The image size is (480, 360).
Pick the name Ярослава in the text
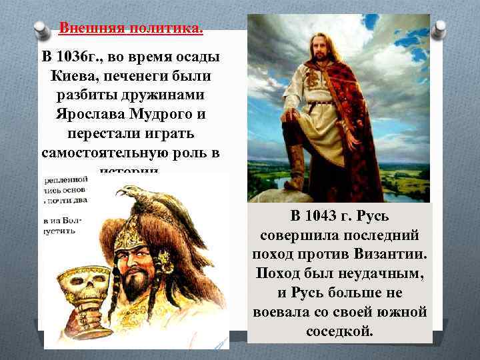(x=91, y=114)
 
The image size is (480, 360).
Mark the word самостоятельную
(x=107, y=152)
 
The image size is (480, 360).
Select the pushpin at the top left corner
(x=43, y=30)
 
